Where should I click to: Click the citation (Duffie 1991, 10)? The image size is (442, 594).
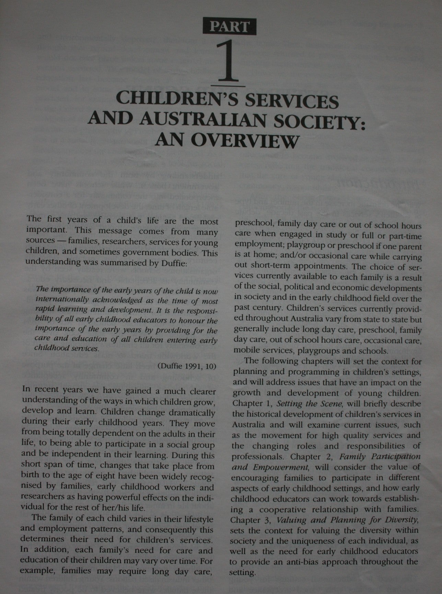tap(187, 366)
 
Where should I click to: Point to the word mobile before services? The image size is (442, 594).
tap(246, 351)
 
